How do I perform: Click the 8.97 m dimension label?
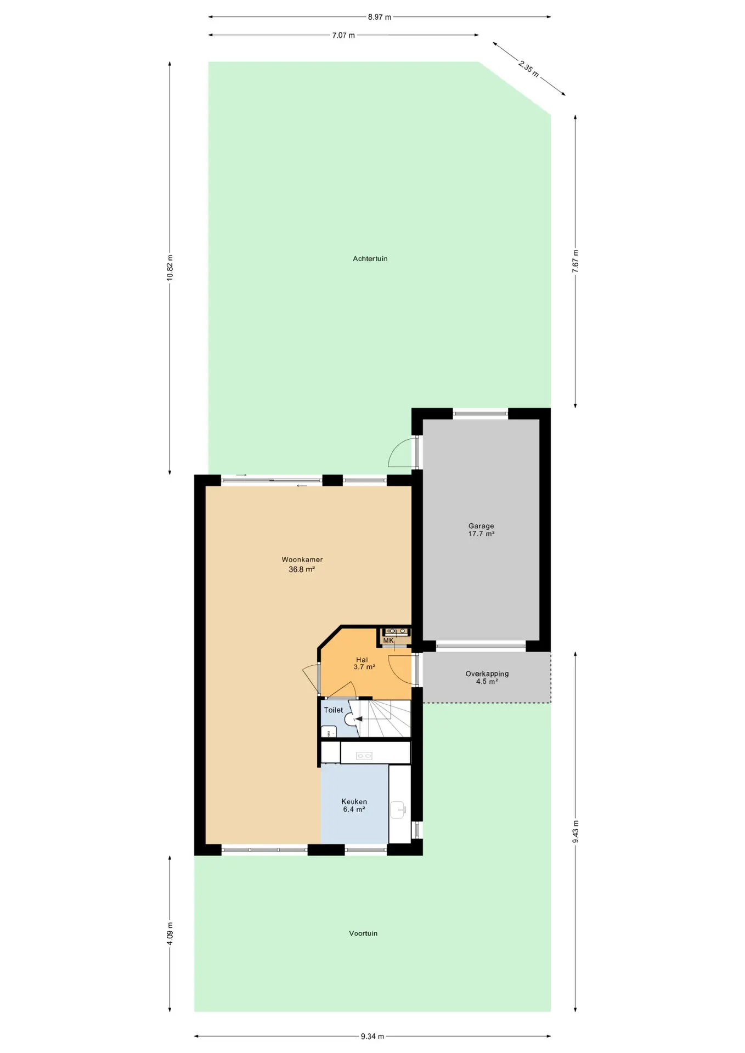(x=380, y=17)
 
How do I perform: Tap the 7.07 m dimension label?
(x=343, y=35)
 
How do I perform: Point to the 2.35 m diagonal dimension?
(x=529, y=68)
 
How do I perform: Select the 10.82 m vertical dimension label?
(x=170, y=268)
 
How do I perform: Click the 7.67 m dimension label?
(x=575, y=261)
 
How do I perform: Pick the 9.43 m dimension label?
(x=575, y=832)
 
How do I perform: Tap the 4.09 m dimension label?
(x=170, y=933)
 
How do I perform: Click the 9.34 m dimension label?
(x=373, y=1036)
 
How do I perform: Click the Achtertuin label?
(x=370, y=258)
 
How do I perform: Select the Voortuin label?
(x=363, y=933)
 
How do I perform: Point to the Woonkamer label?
(x=302, y=559)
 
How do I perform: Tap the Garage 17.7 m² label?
(x=481, y=529)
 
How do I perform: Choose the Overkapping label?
(x=487, y=673)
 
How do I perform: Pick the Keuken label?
(x=354, y=801)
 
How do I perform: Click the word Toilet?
(x=334, y=710)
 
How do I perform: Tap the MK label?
(x=388, y=641)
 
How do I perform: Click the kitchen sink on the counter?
(x=399, y=809)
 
